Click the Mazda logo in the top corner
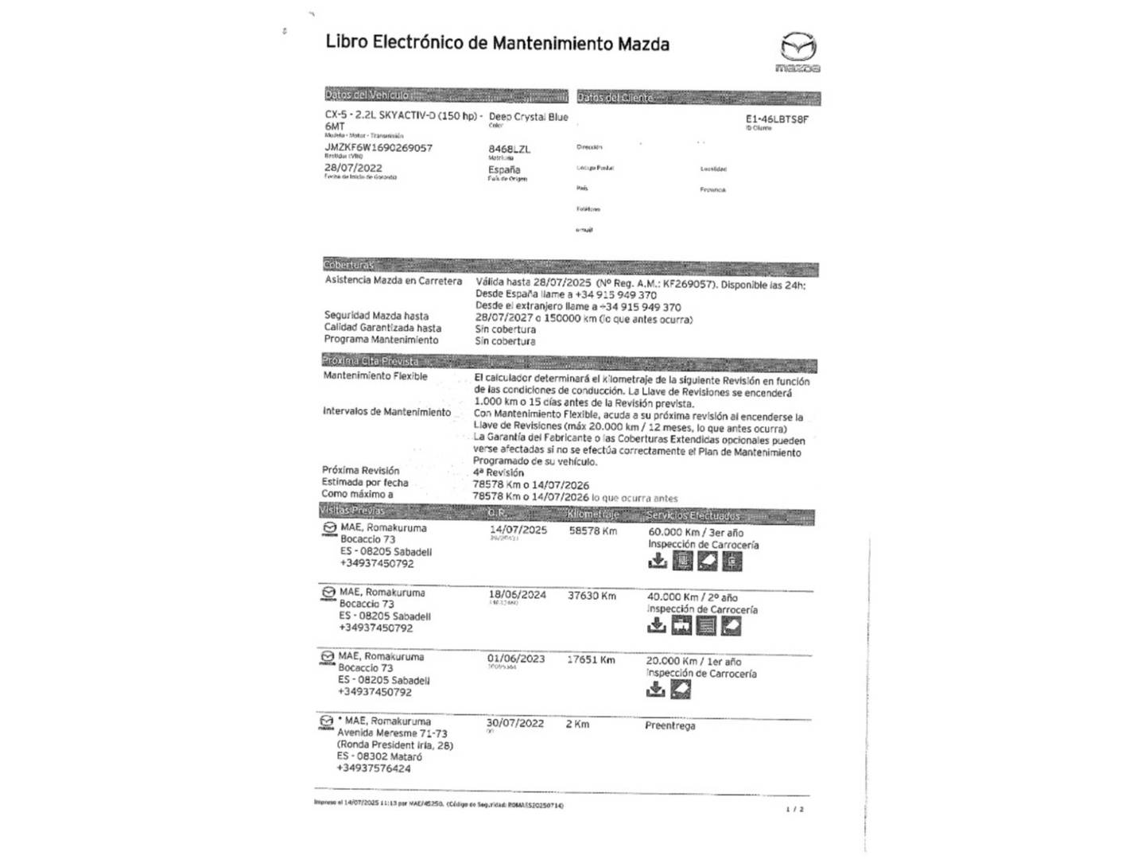pos(798,51)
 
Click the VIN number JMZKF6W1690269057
pos(378,148)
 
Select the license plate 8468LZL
pos(509,149)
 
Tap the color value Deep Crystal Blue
pos(528,117)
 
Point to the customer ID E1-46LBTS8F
pos(777,119)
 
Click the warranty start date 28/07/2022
pos(353,168)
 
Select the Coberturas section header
pos(349,265)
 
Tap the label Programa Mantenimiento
pos(381,340)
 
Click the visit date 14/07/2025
pos(518,530)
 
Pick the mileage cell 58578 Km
pos(592,531)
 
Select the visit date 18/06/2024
pos(517,595)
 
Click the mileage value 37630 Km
pos(592,596)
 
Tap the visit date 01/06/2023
pos(516,659)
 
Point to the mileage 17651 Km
pos(591,659)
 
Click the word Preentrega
pos(670,725)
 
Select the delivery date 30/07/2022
pos(515,723)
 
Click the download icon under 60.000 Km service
pos(658,562)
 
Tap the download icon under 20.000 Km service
pos(655,690)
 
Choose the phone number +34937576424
pos(374,768)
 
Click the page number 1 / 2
pos(794,809)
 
